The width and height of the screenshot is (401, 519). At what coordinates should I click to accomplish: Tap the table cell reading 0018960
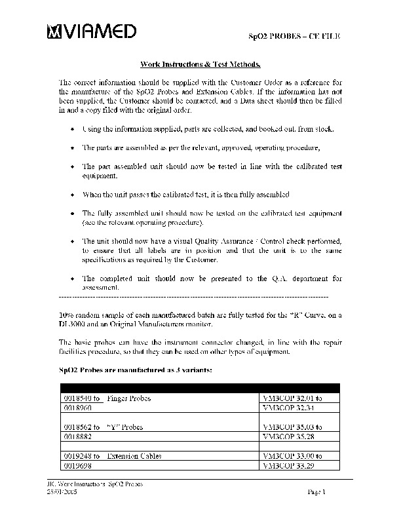(x=78, y=407)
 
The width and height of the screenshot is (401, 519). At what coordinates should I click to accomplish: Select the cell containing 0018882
(x=78, y=436)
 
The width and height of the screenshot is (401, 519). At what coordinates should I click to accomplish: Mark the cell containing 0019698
(x=78, y=465)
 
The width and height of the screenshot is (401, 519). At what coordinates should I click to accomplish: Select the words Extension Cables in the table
(x=134, y=455)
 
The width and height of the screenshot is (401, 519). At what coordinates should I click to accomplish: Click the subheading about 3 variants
(x=135, y=370)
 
